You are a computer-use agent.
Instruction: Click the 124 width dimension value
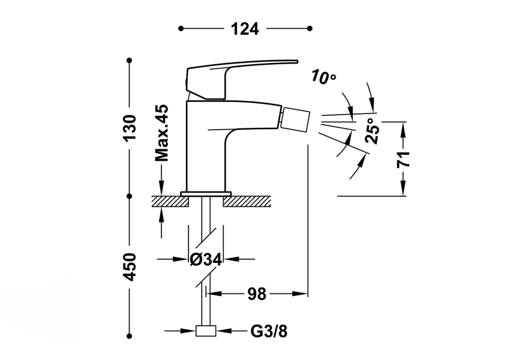[x=244, y=28]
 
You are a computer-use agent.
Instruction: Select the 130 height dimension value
[x=130, y=128]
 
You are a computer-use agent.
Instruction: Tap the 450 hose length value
[x=130, y=266]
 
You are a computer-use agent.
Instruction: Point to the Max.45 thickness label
[x=161, y=133]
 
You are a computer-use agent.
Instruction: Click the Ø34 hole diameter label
[x=206, y=260]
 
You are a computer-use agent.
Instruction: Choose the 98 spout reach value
[x=256, y=294]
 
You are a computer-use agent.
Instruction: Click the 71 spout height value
[x=403, y=158]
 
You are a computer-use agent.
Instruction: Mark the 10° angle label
[x=324, y=77]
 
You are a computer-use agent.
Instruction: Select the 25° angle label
[x=373, y=131]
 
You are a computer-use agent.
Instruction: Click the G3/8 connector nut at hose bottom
[x=206, y=331]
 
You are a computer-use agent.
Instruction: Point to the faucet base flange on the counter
[x=206, y=193]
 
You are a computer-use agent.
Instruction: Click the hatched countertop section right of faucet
[x=246, y=201]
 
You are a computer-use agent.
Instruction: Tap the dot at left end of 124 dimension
[x=181, y=28]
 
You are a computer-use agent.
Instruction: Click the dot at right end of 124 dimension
[x=310, y=28]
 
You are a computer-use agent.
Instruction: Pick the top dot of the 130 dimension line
[x=130, y=60]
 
